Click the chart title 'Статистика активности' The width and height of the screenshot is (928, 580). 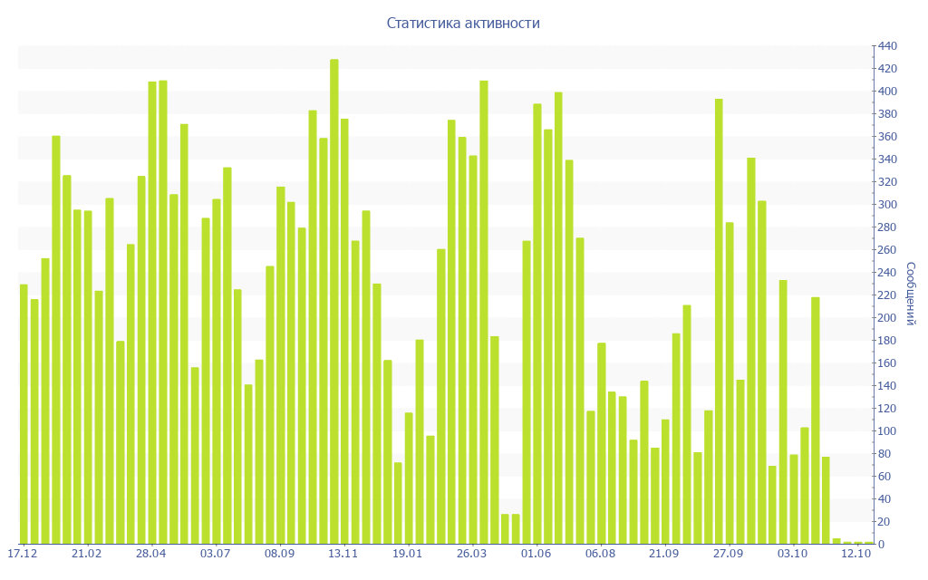coord(463,23)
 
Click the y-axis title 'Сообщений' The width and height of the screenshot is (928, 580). coord(911,294)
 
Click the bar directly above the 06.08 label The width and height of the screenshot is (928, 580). coord(602,443)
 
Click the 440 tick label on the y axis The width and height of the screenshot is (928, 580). coord(886,46)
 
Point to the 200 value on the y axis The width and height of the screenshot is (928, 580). coord(886,318)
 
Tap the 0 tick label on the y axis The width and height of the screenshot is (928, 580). coord(881,545)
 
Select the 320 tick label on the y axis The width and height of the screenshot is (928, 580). coord(886,182)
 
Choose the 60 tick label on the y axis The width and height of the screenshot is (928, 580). coord(884,477)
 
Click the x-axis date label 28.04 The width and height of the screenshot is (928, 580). coord(151,554)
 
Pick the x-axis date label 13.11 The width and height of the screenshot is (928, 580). coord(343,554)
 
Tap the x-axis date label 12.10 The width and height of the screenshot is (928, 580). coord(856,554)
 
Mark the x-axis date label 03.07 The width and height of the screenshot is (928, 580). coord(216,554)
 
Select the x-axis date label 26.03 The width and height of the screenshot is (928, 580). coord(472,554)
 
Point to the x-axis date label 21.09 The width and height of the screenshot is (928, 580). coord(664,554)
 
